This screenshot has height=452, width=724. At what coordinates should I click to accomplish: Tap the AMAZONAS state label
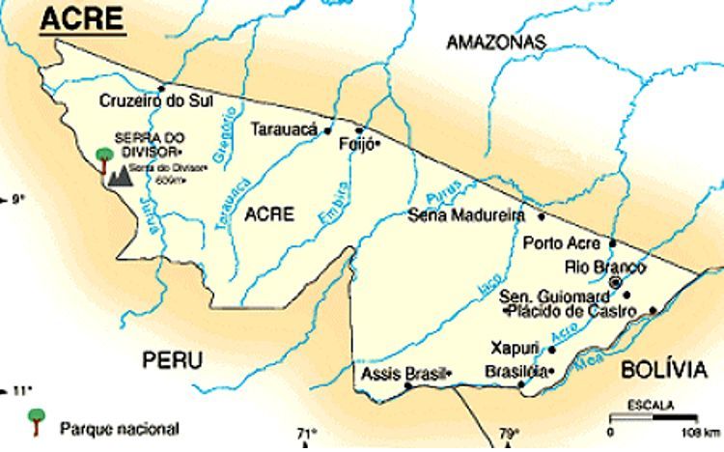click(495, 42)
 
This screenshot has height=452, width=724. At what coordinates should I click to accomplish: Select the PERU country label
click(173, 360)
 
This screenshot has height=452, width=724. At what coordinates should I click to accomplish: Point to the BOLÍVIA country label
click(662, 369)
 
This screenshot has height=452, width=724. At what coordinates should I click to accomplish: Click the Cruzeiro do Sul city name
click(155, 100)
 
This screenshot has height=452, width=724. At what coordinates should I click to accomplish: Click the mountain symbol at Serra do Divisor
click(120, 176)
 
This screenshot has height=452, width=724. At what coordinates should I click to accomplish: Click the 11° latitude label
click(21, 390)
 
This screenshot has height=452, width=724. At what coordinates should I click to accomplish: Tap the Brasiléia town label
click(515, 371)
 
